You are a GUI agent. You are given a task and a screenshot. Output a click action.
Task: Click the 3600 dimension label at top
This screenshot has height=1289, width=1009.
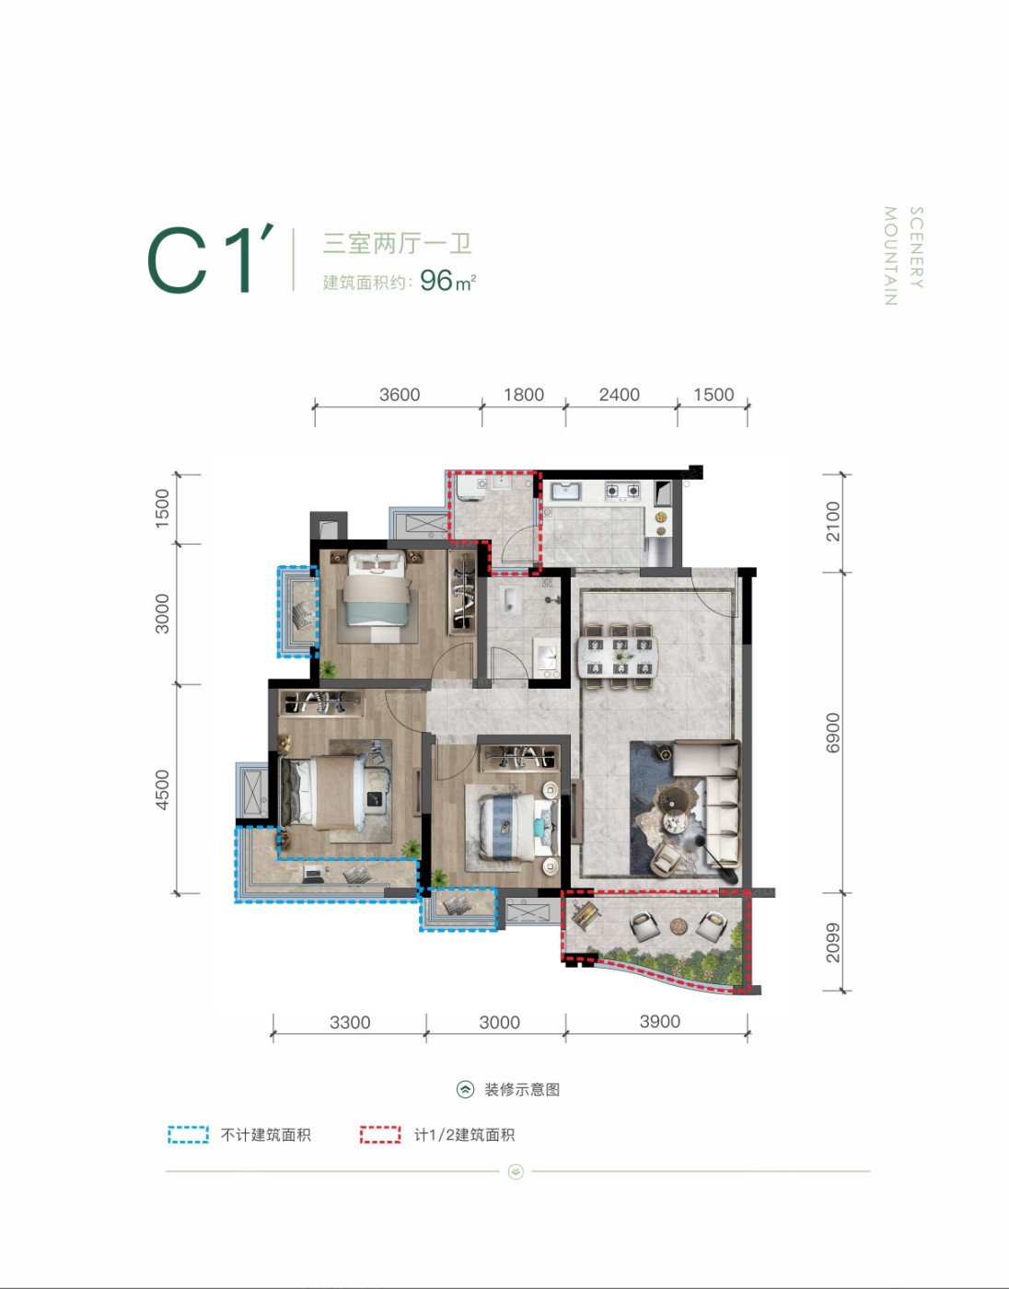(x=400, y=394)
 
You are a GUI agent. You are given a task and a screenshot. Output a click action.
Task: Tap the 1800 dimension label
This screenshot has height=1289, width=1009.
(x=524, y=394)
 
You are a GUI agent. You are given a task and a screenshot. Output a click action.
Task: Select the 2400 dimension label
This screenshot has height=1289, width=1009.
(x=619, y=394)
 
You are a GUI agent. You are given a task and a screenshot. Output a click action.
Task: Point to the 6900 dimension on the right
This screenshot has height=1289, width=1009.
(x=833, y=733)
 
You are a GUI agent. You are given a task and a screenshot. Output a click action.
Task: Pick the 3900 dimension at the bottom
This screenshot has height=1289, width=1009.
(x=660, y=1021)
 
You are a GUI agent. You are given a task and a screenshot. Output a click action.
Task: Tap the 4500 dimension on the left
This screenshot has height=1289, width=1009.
(x=161, y=790)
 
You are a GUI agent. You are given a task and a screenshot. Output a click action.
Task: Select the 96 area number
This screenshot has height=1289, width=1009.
(x=436, y=281)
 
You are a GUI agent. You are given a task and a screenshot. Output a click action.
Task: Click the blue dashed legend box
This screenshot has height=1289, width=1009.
(x=188, y=1134)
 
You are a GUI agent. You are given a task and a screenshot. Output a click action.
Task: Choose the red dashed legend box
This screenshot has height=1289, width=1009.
(x=380, y=1134)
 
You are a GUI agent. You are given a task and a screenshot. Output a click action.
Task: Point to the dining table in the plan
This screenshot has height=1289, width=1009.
(x=620, y=656)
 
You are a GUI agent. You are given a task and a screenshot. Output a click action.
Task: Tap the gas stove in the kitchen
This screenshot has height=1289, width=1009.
(x=622, y=491)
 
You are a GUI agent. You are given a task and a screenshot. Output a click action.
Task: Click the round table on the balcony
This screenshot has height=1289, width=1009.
(x=678, y=924)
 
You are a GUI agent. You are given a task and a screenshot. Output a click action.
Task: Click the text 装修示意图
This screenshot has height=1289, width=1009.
(x=522, y=1090)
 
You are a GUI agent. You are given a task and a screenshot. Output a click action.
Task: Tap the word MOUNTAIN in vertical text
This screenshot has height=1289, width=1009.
(x=890, y=256)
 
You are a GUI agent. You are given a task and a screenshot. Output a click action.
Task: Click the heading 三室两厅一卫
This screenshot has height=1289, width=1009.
(x=397, y=244)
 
